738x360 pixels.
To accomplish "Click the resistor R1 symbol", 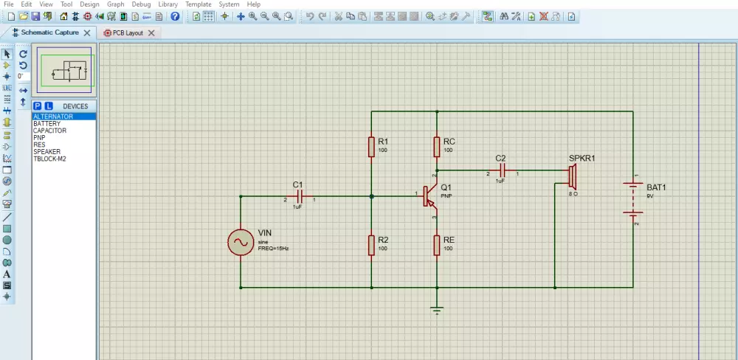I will [x=371, y=146].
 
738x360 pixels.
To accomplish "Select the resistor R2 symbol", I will [x=371, y=245].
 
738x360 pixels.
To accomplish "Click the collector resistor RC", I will [x=438, y=146].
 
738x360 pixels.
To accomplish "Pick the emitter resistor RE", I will [x=438, y=245].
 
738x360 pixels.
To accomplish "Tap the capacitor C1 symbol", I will [x=300, y=196].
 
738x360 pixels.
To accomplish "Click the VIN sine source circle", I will [x=241, y=242].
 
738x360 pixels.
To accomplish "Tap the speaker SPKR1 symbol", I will [x=572, y=176].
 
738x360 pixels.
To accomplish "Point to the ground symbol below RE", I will [x=438, y=310].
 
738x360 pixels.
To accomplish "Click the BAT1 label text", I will [x=656, y=188].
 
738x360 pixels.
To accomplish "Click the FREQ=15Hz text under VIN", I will [x=273, y=249].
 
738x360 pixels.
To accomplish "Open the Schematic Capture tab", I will [x=49, y=32].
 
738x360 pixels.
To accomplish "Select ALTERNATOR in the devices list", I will [x=53, y=117].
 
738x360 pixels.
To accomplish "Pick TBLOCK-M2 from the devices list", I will [x=49, y=159].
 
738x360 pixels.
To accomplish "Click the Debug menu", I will [x=140, y=4].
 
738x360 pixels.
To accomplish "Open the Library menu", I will [x=168, y=4].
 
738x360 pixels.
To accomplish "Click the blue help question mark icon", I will [x=175, y=16].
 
